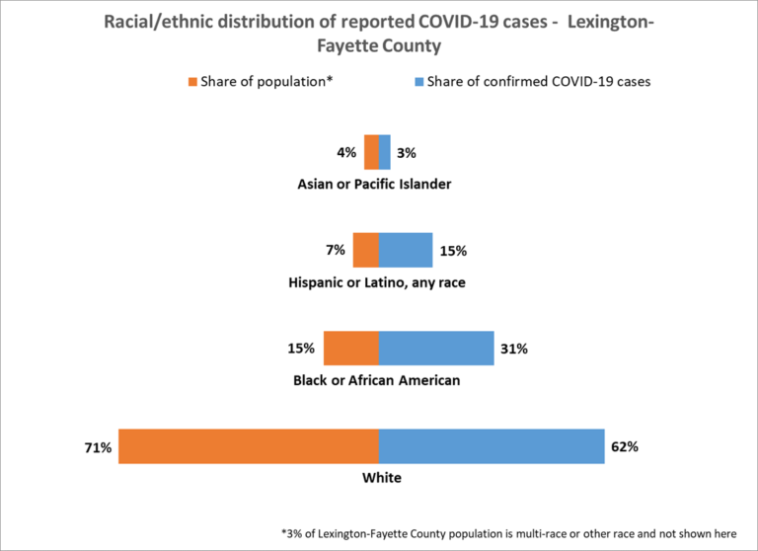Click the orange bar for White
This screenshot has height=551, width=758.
[248, 446]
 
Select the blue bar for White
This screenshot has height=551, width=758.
[492, 446]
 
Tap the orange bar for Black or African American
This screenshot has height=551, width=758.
[350, 349]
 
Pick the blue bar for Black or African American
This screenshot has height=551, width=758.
[436, 349]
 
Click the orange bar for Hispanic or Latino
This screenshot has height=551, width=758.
[365, 250]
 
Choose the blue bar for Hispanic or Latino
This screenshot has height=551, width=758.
[406, 250]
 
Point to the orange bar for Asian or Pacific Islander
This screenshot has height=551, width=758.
[371, 152]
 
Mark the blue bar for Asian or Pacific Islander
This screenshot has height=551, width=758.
[385, 152]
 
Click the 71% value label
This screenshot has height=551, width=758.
[99, 447]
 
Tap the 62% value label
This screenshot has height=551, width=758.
[625, 446]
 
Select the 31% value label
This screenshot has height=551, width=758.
[514, 349]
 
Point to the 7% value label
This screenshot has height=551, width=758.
[337, 251]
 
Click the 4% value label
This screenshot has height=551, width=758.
[348, 153]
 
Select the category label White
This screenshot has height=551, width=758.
[379, 478]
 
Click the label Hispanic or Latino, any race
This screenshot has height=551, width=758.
[377, 282]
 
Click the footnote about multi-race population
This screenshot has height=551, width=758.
[507, 532]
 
